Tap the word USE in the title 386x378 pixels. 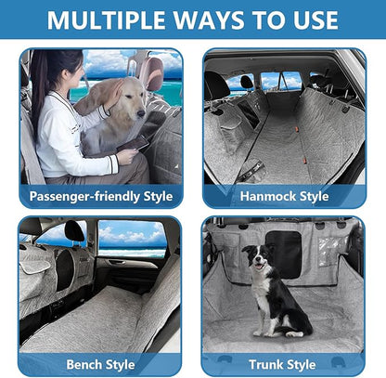[312, 20]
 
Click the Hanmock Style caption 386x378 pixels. [284, 196]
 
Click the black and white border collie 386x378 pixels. [275, 293]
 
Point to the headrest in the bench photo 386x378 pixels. [74, 231]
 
